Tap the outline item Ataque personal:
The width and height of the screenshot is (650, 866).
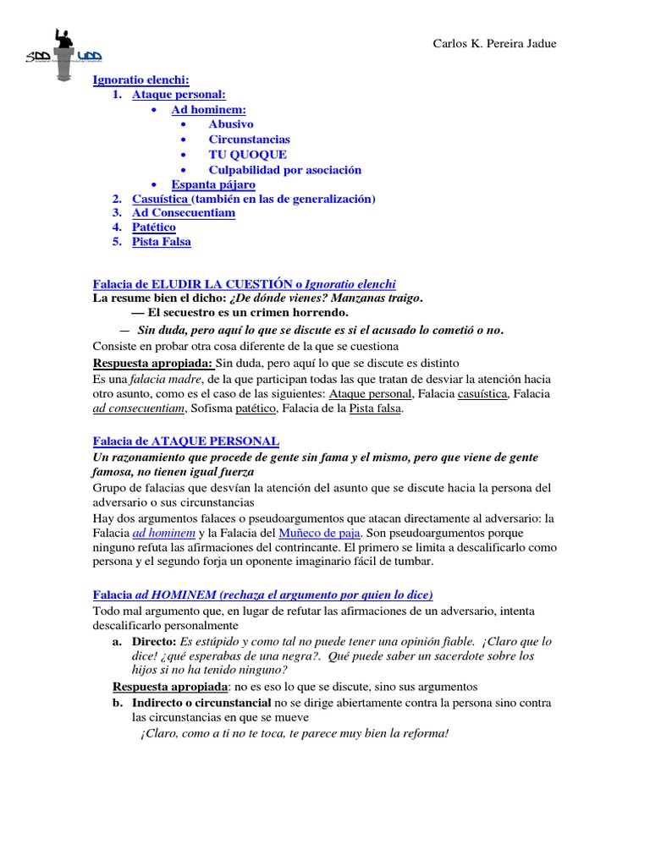click(x=179, y=95)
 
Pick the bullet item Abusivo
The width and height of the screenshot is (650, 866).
click(x=231, y=124)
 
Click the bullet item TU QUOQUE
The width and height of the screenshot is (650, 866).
click(x=247, y=155)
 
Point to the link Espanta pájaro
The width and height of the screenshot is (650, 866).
click(x=213, y=184)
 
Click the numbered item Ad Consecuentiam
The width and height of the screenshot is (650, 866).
click(x=184, y=213)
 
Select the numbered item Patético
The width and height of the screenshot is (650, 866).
click(x=154, y=227)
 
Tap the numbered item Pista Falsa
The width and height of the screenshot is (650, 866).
click(x=161, y=242)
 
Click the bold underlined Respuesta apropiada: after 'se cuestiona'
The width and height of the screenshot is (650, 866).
click(x=152, y=363)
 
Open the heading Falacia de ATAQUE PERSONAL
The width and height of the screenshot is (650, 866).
click(x=185, y=441)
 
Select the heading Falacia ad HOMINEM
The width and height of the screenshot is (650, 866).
click(x=262, y=595)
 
